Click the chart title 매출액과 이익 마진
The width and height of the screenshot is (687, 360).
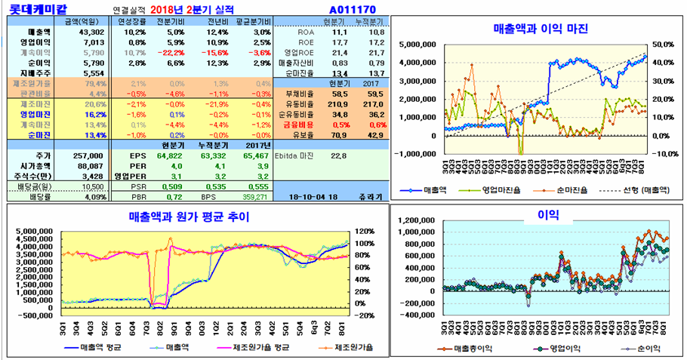tap(540, 29)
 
